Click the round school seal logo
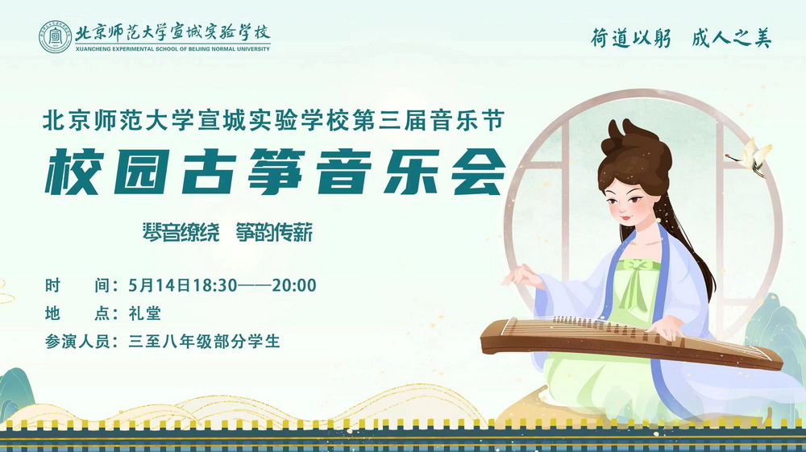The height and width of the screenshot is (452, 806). coord(56,37)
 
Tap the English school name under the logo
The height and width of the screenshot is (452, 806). coord(172,49)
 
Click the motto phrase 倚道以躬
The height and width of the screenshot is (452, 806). coord(631,38)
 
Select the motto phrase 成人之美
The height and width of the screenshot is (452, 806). coord(732,38)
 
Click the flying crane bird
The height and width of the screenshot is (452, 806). coord(750,156)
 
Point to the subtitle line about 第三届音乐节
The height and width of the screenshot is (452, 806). coord(273,122)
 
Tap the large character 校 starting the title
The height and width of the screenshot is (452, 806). coord(72,172)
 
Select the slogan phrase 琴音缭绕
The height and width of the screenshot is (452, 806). coord(181,233)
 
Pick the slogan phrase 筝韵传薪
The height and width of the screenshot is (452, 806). coord(275,233)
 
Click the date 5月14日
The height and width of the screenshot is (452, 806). coord(160,285)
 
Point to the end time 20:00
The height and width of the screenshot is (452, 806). coord(294,285)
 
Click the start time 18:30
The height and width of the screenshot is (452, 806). coord(215,285)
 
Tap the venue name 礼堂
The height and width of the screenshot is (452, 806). coord(145,313)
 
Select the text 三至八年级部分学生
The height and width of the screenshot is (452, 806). coord(204,341)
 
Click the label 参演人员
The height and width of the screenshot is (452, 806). coord(77,341)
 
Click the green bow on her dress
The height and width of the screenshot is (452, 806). coord(635,268)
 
